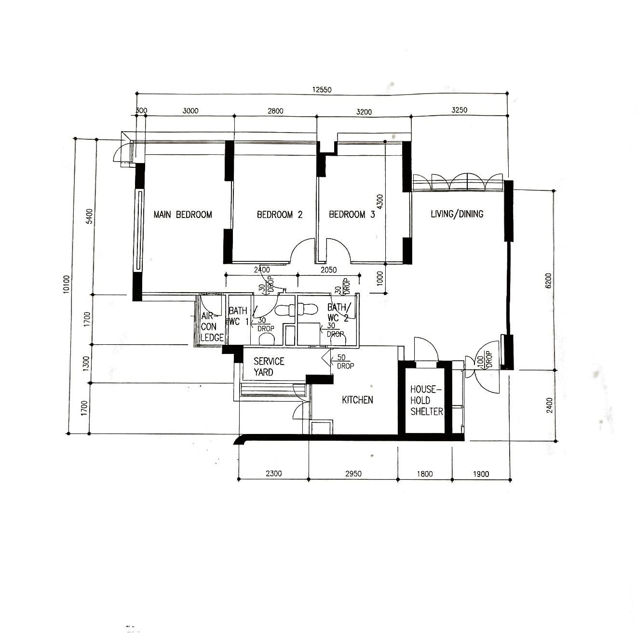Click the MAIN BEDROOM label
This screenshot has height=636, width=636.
point(183,215)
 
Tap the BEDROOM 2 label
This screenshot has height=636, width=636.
point(280,215)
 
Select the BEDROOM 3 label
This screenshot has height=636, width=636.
point(352,215)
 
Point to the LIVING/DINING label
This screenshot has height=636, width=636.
point(457,214)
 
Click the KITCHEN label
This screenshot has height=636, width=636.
point(357,400)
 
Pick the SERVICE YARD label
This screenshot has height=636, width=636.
point(269,366)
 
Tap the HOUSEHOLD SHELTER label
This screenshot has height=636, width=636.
point(426,401)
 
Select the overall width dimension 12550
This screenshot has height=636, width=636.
point(322,89)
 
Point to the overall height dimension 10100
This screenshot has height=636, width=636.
point(67,284)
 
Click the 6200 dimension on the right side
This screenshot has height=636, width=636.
point(548,281)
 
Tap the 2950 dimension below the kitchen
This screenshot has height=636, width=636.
point(353,474)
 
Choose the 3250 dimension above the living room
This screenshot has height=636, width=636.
point(459,110)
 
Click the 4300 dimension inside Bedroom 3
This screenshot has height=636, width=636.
point(380,202)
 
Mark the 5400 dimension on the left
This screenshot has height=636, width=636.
point(89,217)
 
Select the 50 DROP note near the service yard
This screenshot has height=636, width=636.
point(345,362)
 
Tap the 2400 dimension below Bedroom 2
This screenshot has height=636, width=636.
point(262,270)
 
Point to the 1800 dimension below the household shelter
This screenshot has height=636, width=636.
point(424,474)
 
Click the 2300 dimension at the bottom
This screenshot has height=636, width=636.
point(273,474)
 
